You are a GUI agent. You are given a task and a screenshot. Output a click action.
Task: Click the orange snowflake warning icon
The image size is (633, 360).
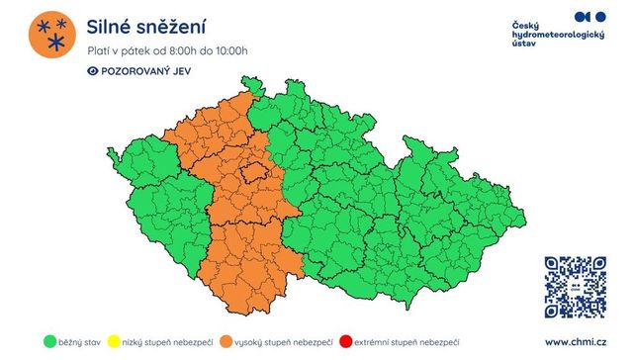click(49, 35)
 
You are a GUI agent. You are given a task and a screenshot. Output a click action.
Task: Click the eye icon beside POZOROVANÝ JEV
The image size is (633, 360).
click(93, 71)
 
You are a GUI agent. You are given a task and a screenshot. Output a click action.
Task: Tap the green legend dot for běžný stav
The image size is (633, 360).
click(48, 341)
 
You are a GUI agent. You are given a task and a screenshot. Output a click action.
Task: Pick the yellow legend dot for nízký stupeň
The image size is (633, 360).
click(118, 341)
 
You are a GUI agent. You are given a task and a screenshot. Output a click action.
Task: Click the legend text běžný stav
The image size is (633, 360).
click(79, 341)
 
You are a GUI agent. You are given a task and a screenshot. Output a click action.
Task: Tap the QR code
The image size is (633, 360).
click(575, 287)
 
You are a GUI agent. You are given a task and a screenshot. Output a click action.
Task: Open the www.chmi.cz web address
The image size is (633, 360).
click(573, 341)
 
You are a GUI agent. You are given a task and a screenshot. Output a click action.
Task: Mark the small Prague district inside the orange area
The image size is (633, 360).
click(255, 172)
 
